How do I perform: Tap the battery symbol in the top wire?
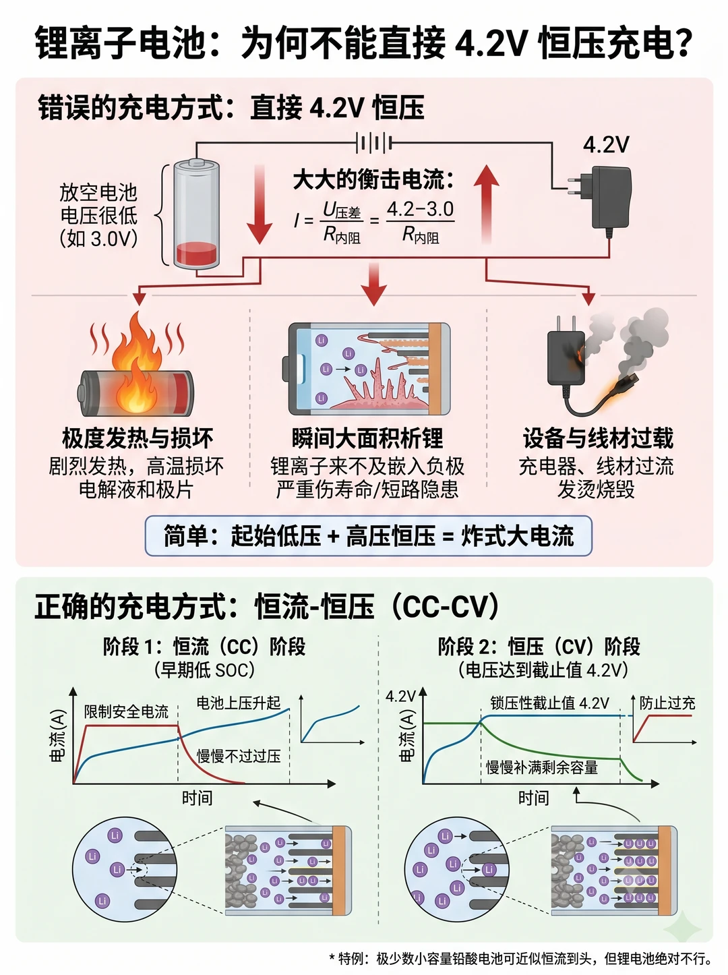click(x=374, y=144)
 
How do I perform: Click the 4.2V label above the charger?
click(x=606, y=145)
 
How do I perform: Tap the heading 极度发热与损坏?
click(x=138, y=438)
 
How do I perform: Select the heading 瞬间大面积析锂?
click(x=367, y=438)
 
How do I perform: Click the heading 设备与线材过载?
click(x=598, y=438)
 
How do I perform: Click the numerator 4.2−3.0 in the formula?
click(x=421, y=209)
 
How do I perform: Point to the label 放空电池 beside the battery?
click(x=98, y=193)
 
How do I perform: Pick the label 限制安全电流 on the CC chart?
click(x=127, y=711)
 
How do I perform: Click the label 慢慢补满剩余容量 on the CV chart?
click(x=542, y=767)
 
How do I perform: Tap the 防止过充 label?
click(x=667, y=703)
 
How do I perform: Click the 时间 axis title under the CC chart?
click(x=197, y=798)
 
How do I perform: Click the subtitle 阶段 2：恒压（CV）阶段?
click(x=539, y=647)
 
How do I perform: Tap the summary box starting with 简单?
click(x=369, y=535)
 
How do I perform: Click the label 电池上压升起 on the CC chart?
click(x=239, y=703)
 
